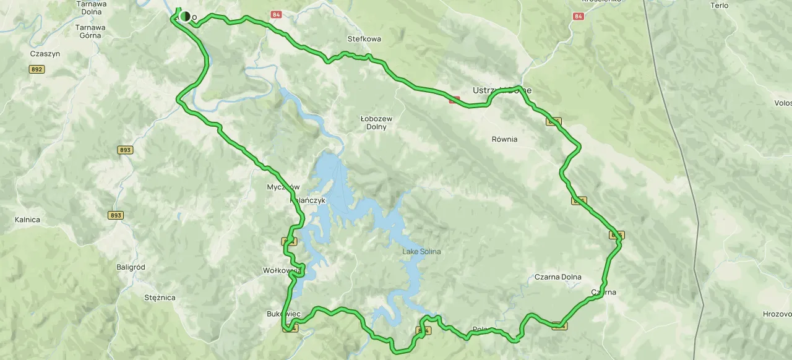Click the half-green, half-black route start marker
pos(184,16)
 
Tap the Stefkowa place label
pos(364,38)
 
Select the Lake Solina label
pos(421,251)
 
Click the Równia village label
pos(504,139)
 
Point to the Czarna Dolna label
pos(557,277)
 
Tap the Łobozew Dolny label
pos(376,122)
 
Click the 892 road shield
pos(37,69)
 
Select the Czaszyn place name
pos(45,54)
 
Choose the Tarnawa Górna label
pos(90,32)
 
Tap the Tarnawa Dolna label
pos(91,7)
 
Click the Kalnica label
pos(27,220)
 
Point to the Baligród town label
pos(131,267)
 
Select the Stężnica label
pos(159,298)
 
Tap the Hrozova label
pos(777,314)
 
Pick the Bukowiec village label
pos(283,314)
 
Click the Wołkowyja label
pos(282,270)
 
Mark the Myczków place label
pos(283,187)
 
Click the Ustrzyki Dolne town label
pos(502,90)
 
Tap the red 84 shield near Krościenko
pos(578,16)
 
